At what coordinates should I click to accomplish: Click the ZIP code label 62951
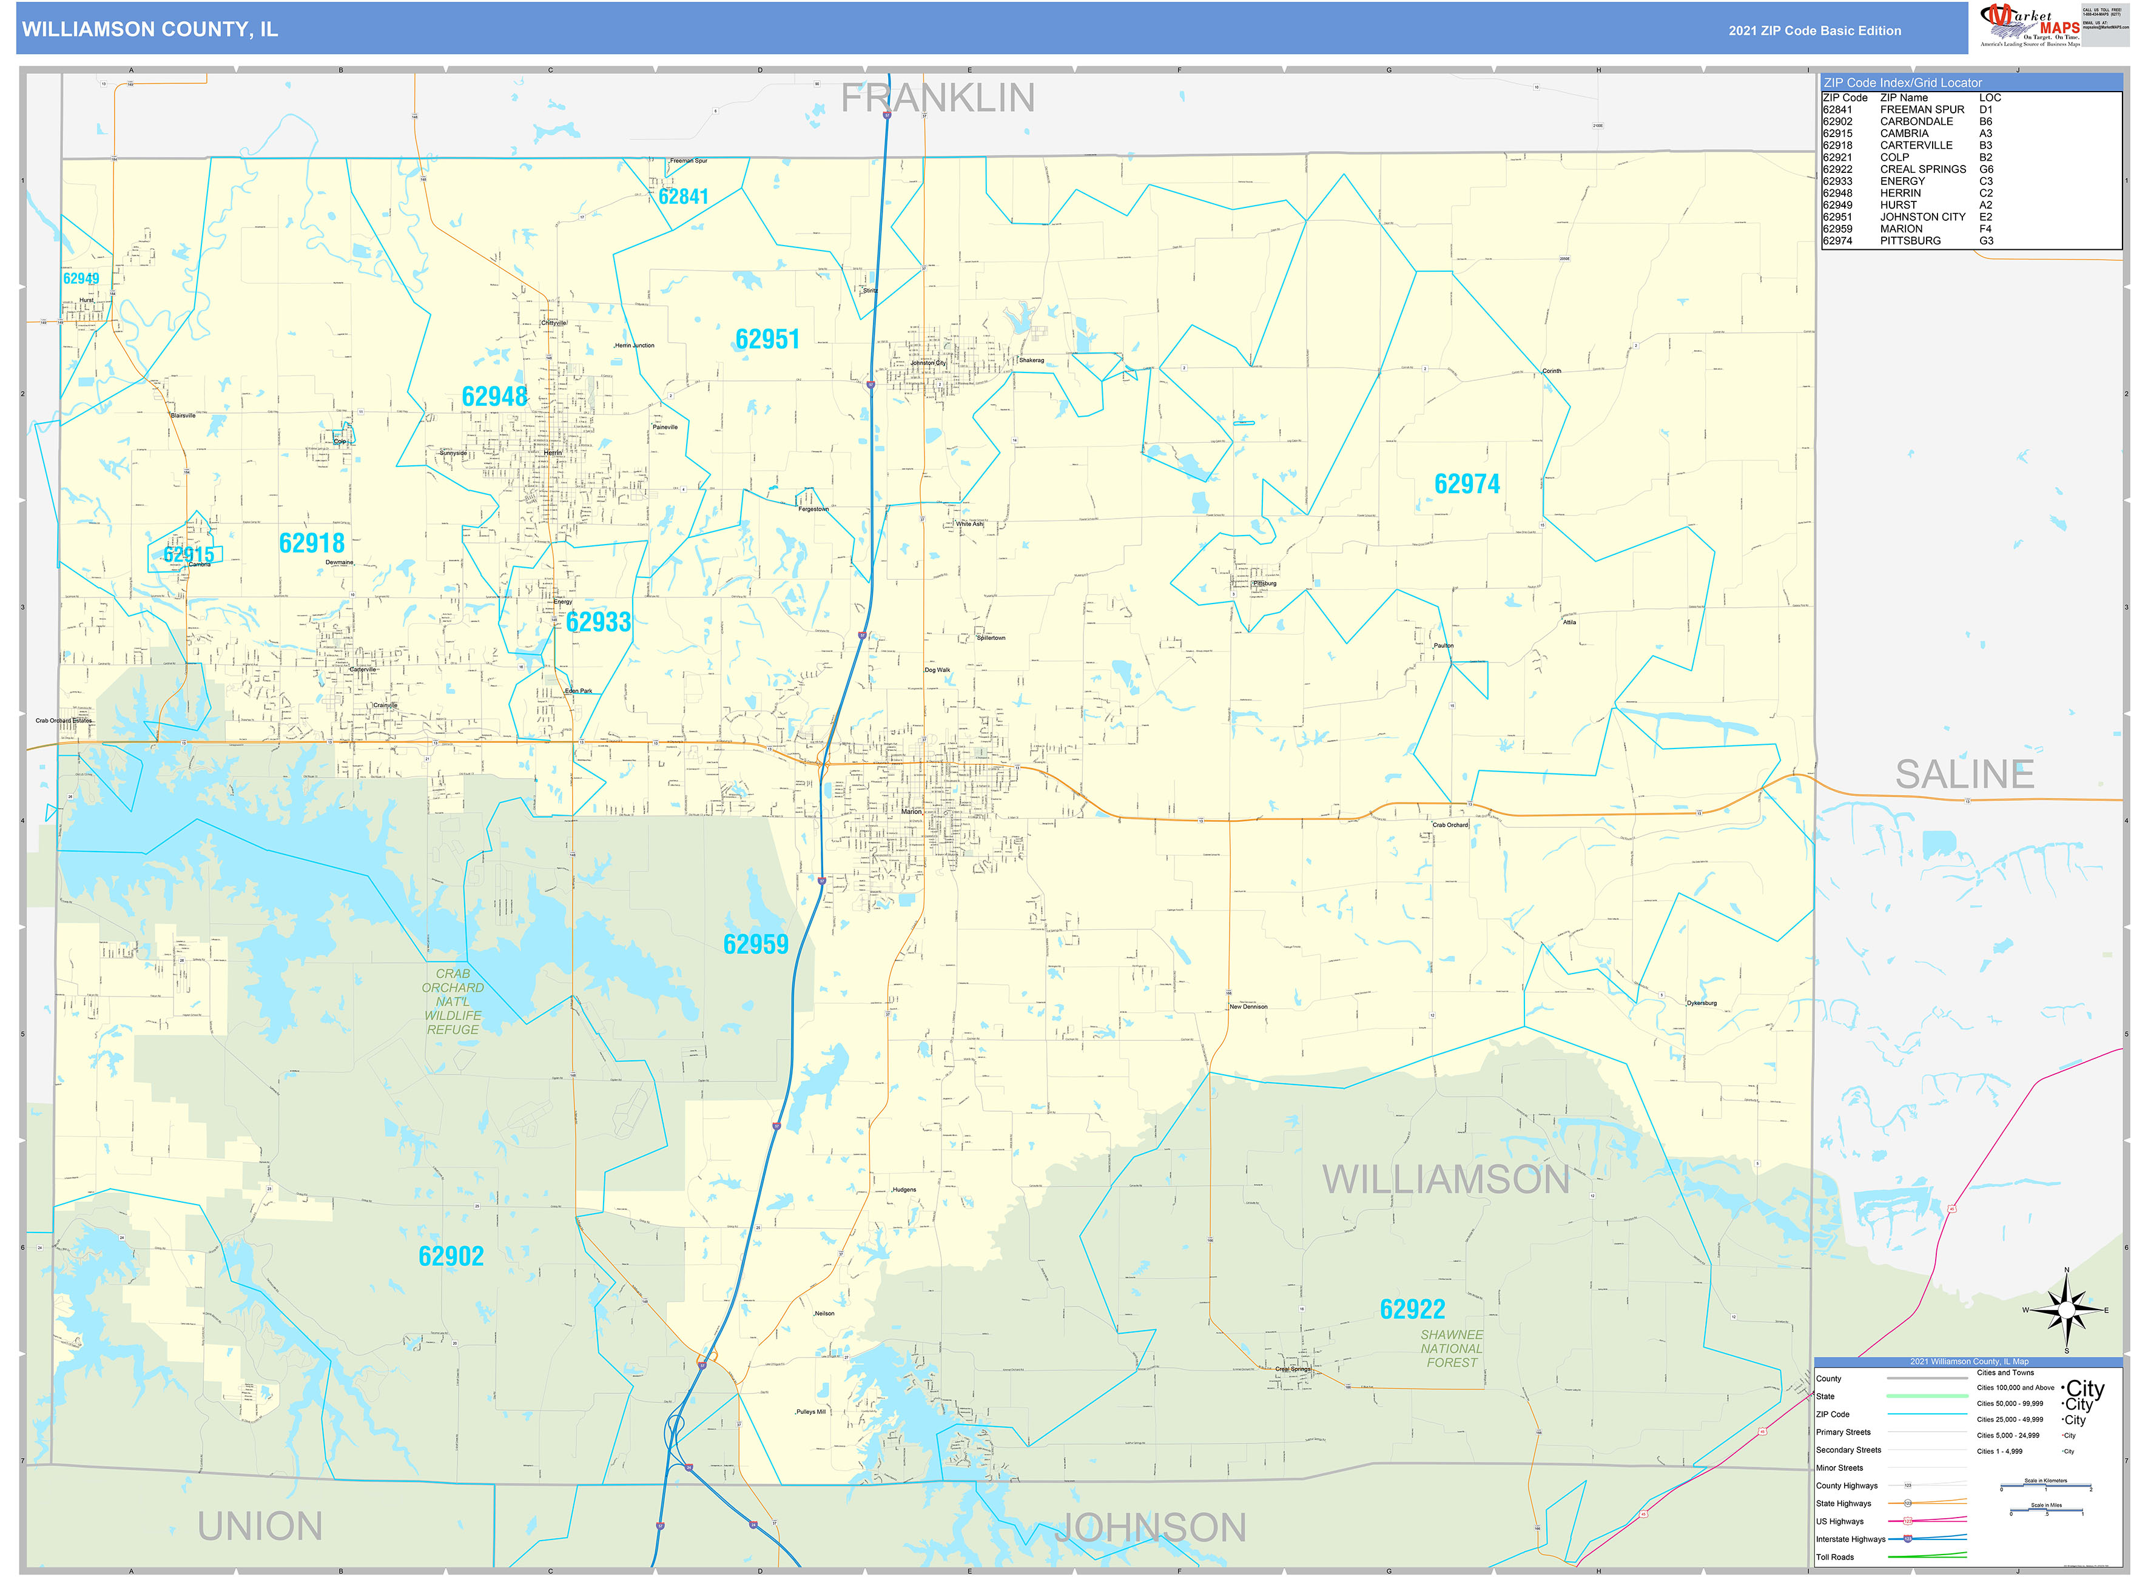767,340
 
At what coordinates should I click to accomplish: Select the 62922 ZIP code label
1412,1310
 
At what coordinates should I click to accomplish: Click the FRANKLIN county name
937,98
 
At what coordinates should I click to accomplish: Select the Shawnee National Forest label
1451,1349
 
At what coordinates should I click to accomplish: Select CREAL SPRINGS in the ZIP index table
1923,170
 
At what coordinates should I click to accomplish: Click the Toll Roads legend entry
1835,1557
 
